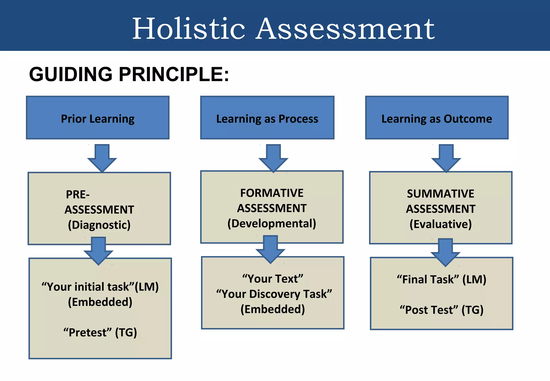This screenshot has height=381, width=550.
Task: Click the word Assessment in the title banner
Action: [345, 29]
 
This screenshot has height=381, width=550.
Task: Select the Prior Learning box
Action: [98, 118]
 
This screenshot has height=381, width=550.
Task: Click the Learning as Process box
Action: [267, 118]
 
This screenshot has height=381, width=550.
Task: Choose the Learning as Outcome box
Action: [437, 118]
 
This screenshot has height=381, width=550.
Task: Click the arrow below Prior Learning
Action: [102, 158]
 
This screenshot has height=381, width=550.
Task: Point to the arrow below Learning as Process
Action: [273, 158]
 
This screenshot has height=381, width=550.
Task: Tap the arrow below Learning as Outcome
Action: [446, 158]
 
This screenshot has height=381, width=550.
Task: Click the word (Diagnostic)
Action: [99, 225]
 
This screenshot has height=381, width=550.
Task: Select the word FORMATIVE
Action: [272, 193]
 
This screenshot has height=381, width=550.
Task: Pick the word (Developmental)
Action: [272, 224]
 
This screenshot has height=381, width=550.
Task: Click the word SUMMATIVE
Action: [440, 194]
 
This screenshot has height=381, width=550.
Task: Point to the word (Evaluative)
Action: [440, 224]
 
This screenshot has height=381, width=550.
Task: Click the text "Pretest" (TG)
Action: [100, 333]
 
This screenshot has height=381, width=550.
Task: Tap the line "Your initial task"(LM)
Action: [100, 287]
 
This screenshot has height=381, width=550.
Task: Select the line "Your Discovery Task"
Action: [274, 294]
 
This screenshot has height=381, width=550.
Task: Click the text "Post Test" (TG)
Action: [442, 310]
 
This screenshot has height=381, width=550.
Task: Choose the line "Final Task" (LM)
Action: [442, 279]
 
